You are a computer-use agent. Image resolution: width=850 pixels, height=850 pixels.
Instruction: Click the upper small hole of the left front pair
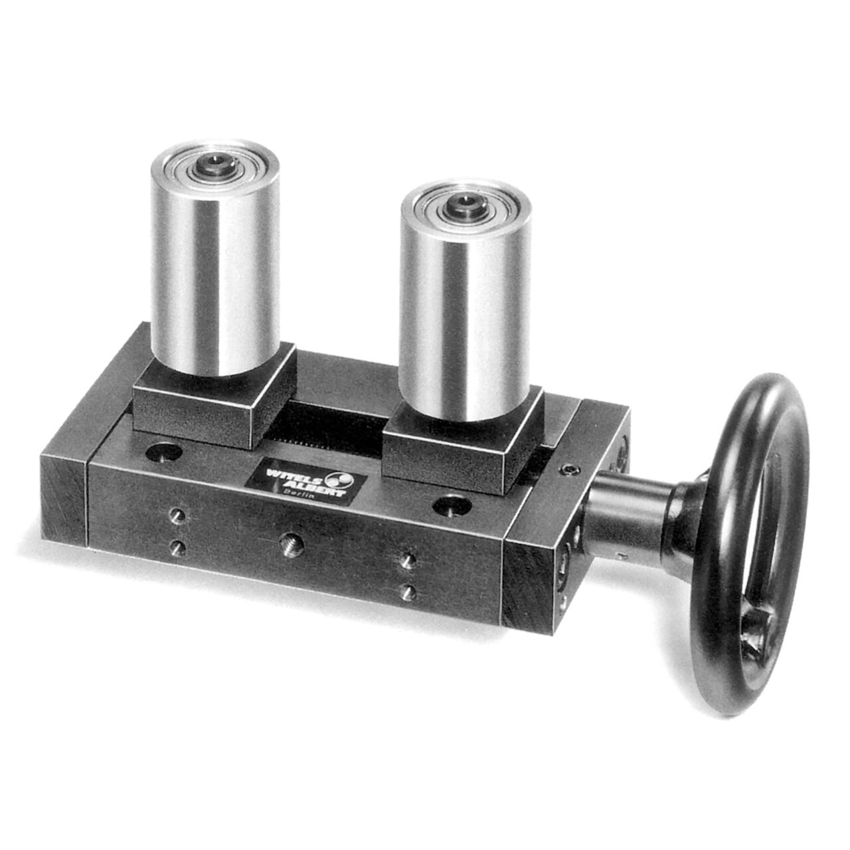tap(177, 515)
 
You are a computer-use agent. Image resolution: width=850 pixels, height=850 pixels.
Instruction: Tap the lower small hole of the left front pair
tap(177, 547)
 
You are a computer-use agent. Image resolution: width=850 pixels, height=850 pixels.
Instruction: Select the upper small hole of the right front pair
tap(409, 560)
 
